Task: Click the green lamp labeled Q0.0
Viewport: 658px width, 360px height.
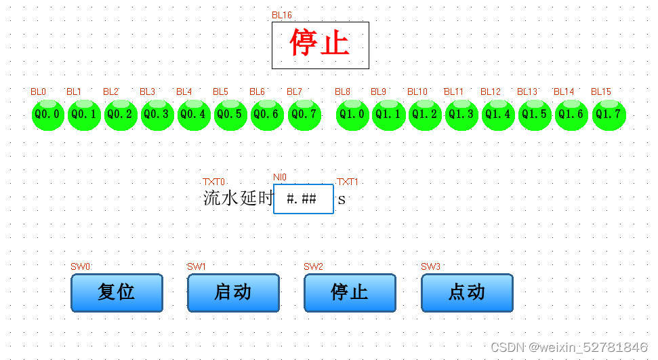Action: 47,114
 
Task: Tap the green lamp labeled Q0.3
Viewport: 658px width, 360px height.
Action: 157,114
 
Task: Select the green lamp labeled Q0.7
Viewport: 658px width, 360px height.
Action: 304,114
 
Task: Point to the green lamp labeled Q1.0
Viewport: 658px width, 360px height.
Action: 352,114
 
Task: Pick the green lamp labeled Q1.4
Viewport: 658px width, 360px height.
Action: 498,114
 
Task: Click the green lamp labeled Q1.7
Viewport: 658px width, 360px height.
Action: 609,114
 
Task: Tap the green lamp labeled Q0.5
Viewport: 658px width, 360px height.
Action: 230,114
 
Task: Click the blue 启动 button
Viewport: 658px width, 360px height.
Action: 233,292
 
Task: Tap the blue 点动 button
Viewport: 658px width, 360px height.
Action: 467,292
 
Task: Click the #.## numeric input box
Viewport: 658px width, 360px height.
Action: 303,199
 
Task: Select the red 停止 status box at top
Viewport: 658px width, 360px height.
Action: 320,45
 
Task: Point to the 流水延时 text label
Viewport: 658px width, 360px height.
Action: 237,199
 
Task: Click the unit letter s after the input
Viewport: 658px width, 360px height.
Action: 342,199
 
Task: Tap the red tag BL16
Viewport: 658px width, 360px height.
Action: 282,15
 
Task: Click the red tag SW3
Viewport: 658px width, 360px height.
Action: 430,266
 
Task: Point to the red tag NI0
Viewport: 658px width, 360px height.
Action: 280,177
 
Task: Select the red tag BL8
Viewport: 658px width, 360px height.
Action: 342,92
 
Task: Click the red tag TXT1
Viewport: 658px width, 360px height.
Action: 348,182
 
